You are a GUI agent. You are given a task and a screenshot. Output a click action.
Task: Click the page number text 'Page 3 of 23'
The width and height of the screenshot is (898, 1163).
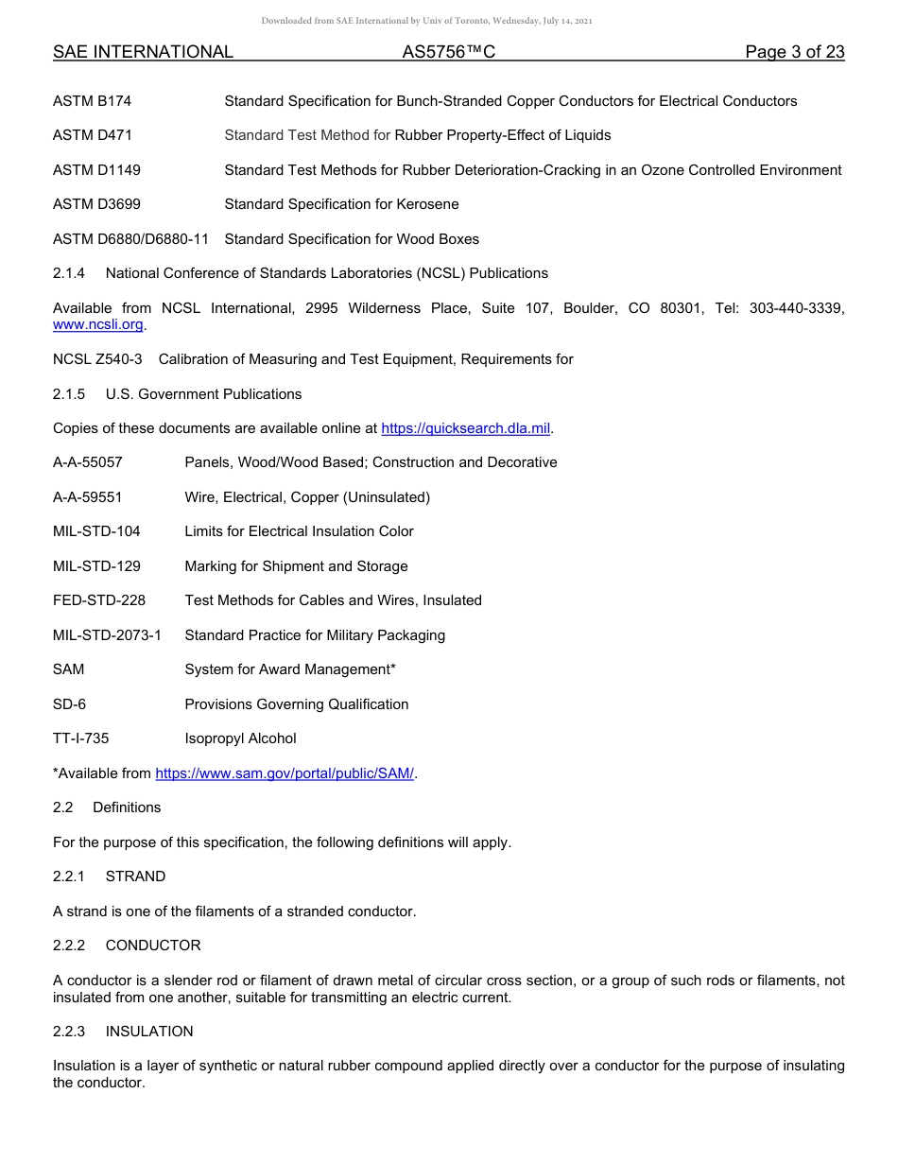click(x=794, y=52)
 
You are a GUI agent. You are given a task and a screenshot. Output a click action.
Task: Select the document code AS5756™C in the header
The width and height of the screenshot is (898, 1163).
click(x=449, y=52)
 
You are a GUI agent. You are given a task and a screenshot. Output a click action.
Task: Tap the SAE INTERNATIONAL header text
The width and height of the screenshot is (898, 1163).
click(x=143, y=52)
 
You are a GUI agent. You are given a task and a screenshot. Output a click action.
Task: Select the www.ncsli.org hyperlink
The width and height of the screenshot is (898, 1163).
click(x=98, y=324)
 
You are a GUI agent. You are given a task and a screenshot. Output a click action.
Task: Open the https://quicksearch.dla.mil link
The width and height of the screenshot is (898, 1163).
click(x=465, y=428)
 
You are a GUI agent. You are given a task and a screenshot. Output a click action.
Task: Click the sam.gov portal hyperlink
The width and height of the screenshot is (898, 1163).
click(x=285, y=773)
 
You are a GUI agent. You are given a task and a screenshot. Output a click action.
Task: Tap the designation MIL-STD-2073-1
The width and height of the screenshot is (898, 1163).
click(x=107, y=635)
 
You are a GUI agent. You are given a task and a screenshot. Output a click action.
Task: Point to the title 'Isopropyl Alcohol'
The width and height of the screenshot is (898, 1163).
click(x=240, y=738)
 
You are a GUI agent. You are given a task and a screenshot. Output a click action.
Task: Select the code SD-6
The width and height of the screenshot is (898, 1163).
click(x=70, y=704)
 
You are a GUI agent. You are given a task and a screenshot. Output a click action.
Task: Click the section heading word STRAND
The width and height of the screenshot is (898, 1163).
click(x=135, y=877)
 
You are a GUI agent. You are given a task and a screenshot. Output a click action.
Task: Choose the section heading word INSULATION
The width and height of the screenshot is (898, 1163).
click(x=149, y=1032)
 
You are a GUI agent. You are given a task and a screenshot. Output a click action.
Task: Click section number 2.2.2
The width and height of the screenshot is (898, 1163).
click(x=69, y=946)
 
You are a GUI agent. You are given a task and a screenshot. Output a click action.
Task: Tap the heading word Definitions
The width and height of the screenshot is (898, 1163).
click(x=127, y=807)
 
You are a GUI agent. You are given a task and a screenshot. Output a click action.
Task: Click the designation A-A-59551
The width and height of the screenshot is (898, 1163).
click(x=88, y=497)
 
